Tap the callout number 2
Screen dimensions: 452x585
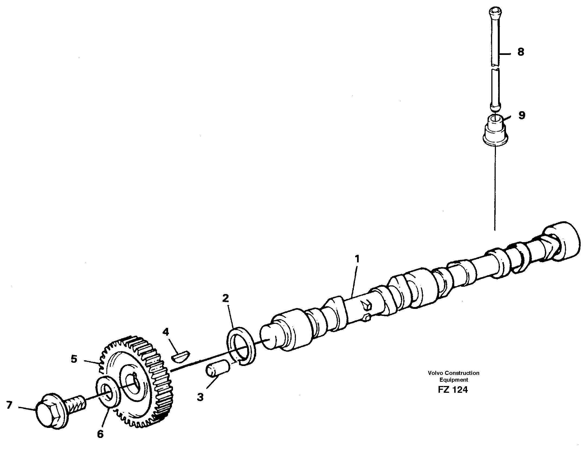[x=225, y=299]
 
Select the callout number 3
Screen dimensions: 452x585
[x=200, y=397]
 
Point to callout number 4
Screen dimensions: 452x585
[x=165, y=332]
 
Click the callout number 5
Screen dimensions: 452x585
[x=74, y=359]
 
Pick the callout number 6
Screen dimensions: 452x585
[x=100, y=434]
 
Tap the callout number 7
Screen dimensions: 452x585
[x=9, y=405]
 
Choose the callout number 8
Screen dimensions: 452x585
[x=521, y=52]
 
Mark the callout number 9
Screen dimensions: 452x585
[x=522, y=115]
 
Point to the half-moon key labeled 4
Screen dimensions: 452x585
[x=181, y=357]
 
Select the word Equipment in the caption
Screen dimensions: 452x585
[x=453, y=380]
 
